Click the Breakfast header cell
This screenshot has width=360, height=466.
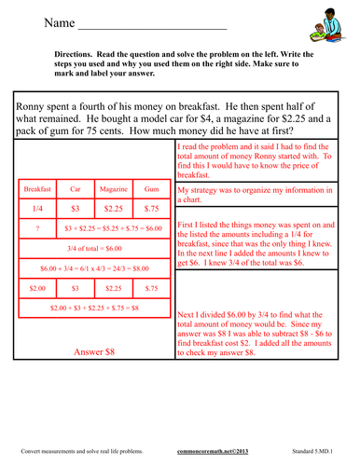pyautogui.click(x=38, y=189)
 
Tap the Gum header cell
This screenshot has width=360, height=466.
pyautogui.click(x=152, y=189)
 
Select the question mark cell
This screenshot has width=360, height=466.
pyautogui.click(x=38, y=227)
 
